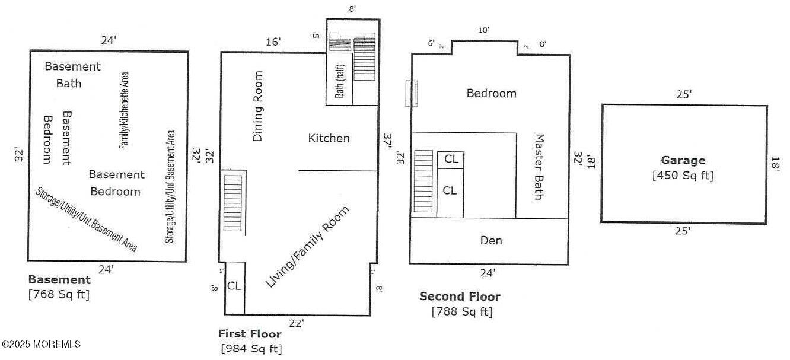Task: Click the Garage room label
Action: pos(683,160)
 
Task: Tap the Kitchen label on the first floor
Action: pos(329,138)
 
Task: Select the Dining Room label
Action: pos(258,106)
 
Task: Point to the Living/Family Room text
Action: pos(307,247)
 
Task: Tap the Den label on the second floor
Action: pos(491,240)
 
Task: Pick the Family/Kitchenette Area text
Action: pos(125,110)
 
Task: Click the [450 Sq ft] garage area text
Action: pos(683,176)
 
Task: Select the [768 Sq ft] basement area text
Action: pos(59,294)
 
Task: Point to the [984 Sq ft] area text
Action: pos(251,349)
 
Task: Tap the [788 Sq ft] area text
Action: pos(462,311)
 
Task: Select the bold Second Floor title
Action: pos(460,297)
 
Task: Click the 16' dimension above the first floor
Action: pos(273,42)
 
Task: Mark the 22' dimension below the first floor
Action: pos(297,323)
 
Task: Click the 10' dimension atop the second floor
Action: pos(484,31)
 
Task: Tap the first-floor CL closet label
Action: pos(234,286)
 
